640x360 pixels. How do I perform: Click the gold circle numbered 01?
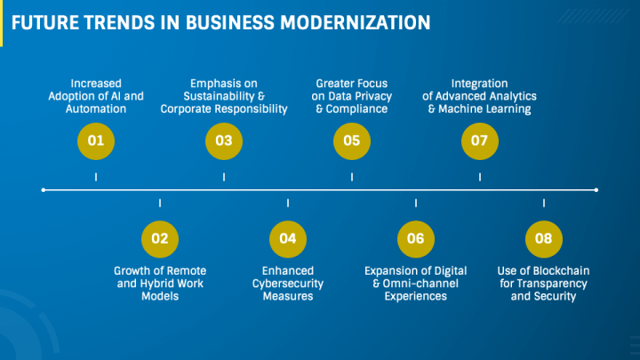pyautogui.click(x=95, y=140)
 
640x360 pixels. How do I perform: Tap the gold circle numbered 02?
pyautogui.click(x=160, y=238)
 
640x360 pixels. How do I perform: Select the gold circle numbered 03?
pyautogui.click(x=224, y=140)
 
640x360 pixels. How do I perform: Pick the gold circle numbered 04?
pyautogui.click(x=288, y=238)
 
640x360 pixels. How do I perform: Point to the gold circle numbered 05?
pyautogui.click(x=352, y=140)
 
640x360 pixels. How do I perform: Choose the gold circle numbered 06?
pyautogui.click(x=416, y=238)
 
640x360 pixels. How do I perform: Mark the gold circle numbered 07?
pyautogui.click(x=480, y=140)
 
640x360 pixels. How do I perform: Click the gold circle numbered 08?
pyautogui.click(x=544, y=238)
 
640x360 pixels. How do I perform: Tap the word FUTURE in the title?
pyautogui.click(x=44, y=20)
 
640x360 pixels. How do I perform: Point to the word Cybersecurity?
pyautogui.click(x=288, y=284)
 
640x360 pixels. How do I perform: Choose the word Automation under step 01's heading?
pyautogui.click(x=95, y=109)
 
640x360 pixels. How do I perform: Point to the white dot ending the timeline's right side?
pyautogui.click(x=596, y=189)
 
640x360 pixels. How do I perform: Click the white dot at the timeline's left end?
pyautogui.click(x=44, y=189)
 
